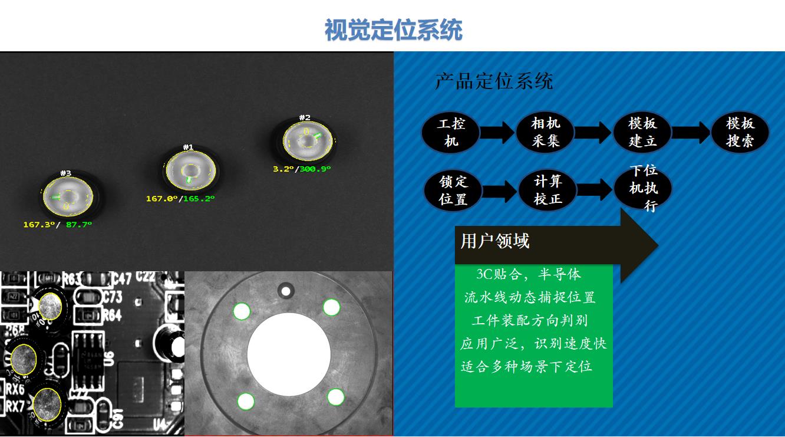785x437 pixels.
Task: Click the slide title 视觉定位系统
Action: [x=393, y=30]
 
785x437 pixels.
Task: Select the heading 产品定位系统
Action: [x=493, y=81]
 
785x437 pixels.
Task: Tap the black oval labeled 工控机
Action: [x=451, y=132]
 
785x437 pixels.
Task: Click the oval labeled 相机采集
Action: [x=545, y=132]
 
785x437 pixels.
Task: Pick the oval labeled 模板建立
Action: [x=642, y=132]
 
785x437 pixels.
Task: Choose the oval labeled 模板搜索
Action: [x=740, y=132]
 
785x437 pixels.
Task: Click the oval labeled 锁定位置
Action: [x=453, y=190]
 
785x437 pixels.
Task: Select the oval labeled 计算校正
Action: [x=547, y=190]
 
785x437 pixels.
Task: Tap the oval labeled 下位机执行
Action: [x=643, y=188]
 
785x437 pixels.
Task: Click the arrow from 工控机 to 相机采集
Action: [x=498, y=133]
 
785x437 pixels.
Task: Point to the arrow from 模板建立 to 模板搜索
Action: [x=691, y=133]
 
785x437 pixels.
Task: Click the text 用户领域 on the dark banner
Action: [x=495, y=241]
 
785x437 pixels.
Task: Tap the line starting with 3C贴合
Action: [x=528, y=274]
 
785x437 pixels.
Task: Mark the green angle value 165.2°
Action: [x=199, y=199]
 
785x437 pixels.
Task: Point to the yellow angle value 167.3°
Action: [x=38, y=225]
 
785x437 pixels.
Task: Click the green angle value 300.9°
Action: [x=315, y=169]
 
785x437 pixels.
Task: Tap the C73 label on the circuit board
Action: [x=111, y=296]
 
